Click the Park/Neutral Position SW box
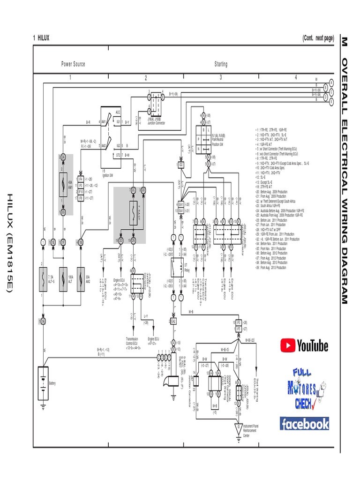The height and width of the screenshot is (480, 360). click(202, 140)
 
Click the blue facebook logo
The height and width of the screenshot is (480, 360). click(304, 424)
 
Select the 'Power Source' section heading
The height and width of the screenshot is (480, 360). click(73, 64)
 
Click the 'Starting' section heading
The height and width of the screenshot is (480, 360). click(221, 64)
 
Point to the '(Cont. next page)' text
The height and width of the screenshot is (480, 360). click(318, 38)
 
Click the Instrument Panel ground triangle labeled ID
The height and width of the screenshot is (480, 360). click(238, 428)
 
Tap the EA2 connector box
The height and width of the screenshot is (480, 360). click(173, 321)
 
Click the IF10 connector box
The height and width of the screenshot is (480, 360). click(81, 192)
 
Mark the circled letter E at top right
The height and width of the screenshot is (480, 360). click(331, 101)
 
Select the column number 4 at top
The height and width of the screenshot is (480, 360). click(296, 78)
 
